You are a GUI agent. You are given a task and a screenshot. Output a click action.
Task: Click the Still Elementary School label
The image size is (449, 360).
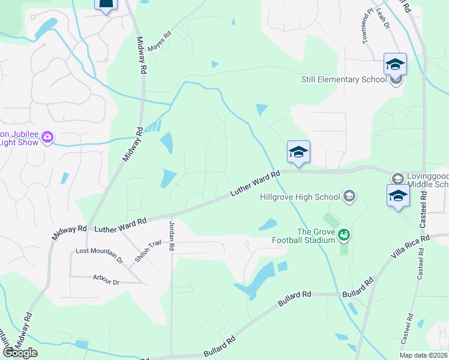point(344,79)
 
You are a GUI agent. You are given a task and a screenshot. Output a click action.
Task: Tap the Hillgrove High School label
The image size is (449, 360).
point(300,196)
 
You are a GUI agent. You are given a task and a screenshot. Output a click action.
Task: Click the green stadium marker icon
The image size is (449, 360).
point(344,234)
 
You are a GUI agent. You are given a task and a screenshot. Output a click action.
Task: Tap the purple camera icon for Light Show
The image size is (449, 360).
point(47,137)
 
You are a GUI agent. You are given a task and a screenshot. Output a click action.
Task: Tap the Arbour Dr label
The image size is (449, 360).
point(107,278)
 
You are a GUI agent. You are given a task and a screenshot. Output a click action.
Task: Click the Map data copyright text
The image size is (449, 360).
point(424,355)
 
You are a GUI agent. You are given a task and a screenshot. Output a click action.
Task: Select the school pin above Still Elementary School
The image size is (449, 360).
point(396,64)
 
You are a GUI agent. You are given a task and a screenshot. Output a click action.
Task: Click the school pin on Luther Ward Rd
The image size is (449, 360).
point(298,152)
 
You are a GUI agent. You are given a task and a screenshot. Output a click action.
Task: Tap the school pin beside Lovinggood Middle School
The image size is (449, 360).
point(398,196)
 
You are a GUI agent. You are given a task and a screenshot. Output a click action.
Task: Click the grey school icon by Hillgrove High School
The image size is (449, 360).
point(349,196)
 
